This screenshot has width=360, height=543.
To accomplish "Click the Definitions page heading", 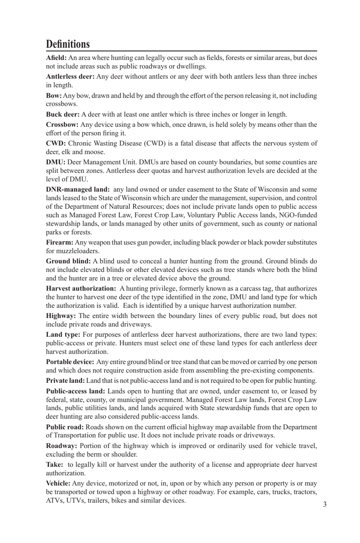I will pos(68,44).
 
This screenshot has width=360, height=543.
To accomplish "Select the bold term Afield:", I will pos(56,58).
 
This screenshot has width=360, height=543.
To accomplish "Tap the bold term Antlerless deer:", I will pos(70,76).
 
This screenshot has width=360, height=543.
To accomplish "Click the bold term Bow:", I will pos(54,96).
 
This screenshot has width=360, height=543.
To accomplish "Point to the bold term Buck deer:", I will pos(63,114).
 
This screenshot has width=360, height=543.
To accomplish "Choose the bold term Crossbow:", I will pos(62,125).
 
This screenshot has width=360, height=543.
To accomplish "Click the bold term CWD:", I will pos(56,144).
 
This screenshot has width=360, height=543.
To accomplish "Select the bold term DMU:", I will pos(56,162).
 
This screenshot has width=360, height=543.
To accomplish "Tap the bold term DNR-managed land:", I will pos(78,189).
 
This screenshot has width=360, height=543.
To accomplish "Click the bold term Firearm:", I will pos(59,242).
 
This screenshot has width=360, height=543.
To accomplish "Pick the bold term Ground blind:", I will pos(68,261).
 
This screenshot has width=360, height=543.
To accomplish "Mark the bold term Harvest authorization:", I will pos(81,289).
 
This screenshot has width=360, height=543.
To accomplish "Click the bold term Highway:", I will pos(61,316).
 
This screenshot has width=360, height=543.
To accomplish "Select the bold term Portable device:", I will pos(70,362).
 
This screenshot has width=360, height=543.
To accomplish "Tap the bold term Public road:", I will pos(65,427).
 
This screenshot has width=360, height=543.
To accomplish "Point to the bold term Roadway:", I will pos(61,446).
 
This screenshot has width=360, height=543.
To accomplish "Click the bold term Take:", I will pos(55,465).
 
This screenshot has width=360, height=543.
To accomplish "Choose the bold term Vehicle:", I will pos(58,484).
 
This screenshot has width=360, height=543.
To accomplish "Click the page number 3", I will pos(325,504).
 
